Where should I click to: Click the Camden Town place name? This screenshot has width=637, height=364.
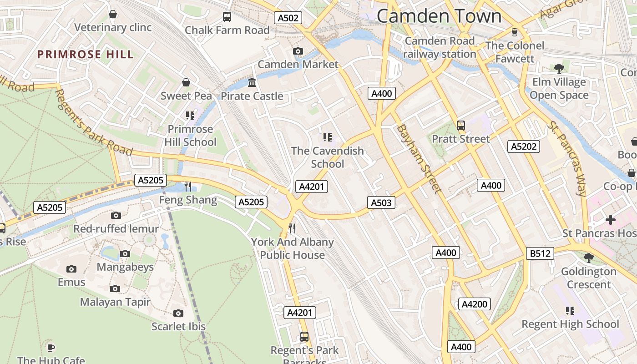pyautogui.click(x=439, y=16)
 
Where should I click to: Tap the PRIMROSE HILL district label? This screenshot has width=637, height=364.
pyautogui.click(x=86, y=55)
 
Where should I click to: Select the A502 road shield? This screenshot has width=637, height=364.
pyautogui.click(x=288, y=18)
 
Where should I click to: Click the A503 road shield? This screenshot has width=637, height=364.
pyautogui.click(x=381, y=202)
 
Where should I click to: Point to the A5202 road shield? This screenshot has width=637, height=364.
pyautogui.click(x=524, y=147)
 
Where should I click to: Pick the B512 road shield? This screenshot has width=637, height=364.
pyautogui.click(x=540, y=253)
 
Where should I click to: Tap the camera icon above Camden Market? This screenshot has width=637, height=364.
pyautogui.click(x=298, y=51)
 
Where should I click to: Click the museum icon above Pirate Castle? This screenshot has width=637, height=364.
pyautogui.click(x=252, y=83)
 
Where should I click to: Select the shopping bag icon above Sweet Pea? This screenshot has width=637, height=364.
pyautogui.click(x=186, y=82)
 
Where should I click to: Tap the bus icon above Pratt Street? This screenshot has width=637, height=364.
pyautogui.click(x=461, y=125)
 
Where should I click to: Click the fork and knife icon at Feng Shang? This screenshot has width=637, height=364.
pyautogui.click(x=188, y=186)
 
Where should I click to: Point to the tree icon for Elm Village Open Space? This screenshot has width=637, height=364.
pyautogui.click(x=559, y=69)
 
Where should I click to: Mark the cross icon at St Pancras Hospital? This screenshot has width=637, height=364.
pyautogui.click(x=610, y=220)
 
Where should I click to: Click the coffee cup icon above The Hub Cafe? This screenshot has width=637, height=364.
pyautogui.click(x=51, y=348)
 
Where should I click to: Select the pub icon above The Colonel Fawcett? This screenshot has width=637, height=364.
pyautogui.click(x=515, y=32)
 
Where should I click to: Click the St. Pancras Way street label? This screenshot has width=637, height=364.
pyautogui.click(x=567, y=158)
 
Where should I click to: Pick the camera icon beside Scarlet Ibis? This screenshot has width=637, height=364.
pyautogui.click(x=178, y=313)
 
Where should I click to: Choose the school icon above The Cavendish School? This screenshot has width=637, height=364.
pyautogui.click(x=328, y=137)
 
